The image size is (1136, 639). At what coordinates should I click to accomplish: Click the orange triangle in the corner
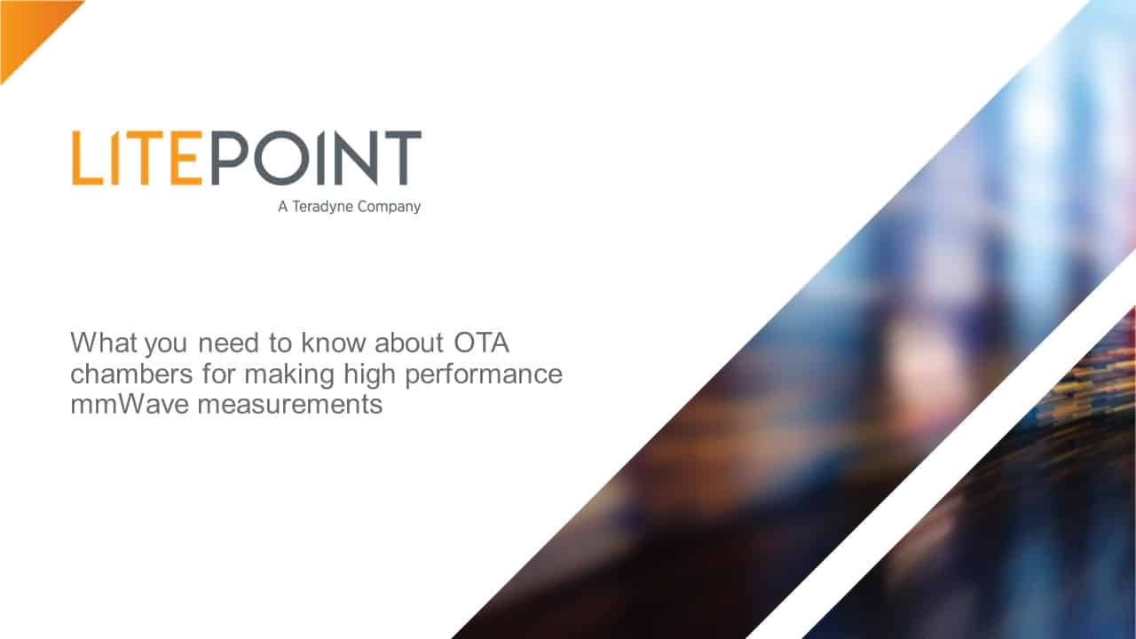point(28,28)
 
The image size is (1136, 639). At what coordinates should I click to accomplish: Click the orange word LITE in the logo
point(137,158)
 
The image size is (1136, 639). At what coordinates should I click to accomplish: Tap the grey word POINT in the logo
point(316,158)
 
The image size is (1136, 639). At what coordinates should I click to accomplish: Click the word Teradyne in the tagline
point(322,208)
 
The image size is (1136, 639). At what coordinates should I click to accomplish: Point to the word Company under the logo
point(389,208)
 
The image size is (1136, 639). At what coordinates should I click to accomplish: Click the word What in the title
point(104,343)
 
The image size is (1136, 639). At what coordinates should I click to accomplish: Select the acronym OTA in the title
point(481,343)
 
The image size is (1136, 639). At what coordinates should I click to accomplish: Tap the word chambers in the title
point(132,374)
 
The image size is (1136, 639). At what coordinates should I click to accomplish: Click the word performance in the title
point(484,375)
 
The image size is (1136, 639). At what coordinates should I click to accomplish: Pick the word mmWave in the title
point(130,405)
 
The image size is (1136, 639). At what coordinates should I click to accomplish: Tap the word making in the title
point(289,375)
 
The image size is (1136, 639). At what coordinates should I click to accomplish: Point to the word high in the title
point(370,375)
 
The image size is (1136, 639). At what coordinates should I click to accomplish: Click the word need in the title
point(229,343)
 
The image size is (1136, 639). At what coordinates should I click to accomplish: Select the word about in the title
point(409,343)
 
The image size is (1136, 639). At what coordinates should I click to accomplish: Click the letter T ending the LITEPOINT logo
point(403,158)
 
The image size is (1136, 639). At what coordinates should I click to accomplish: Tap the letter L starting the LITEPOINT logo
point(90,158)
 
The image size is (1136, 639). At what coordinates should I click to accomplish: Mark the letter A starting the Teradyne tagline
point(283,207)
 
